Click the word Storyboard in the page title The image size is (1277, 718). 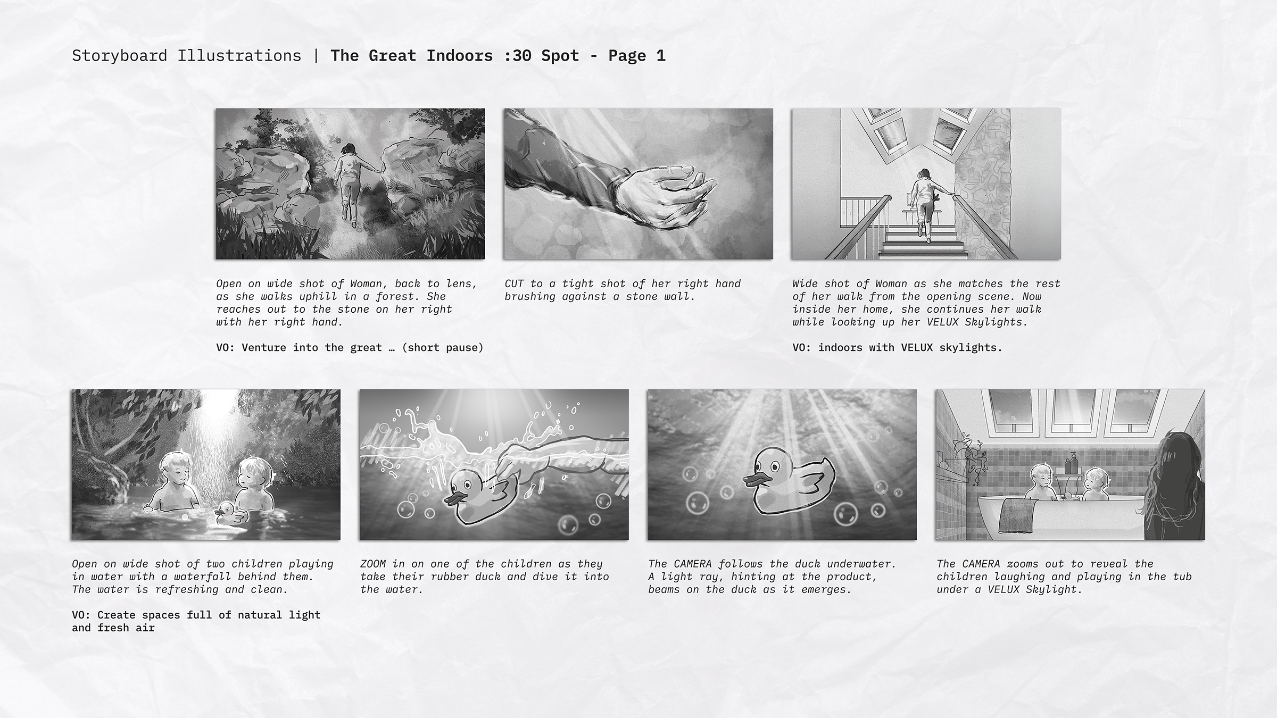pyautogui.click(x=119, y=56)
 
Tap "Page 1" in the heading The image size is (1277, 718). pyautogui.click(x=637, y=56)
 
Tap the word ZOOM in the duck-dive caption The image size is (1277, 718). pyautogui.click(x=373, y=564)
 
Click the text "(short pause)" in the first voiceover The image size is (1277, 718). pyautogui.click(x=443, y=348)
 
